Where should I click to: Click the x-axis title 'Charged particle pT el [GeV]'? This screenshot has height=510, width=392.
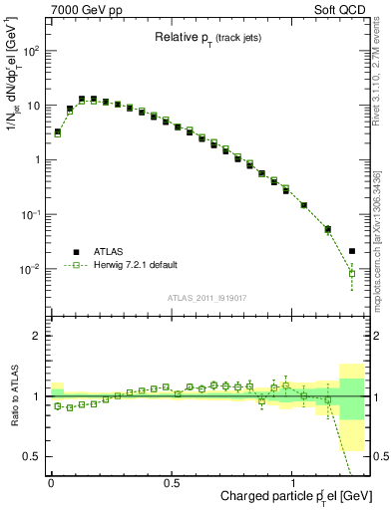(288, 495)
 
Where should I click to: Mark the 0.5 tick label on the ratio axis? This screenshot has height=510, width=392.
(30, 456)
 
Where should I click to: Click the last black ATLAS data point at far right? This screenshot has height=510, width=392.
(352, 251)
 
